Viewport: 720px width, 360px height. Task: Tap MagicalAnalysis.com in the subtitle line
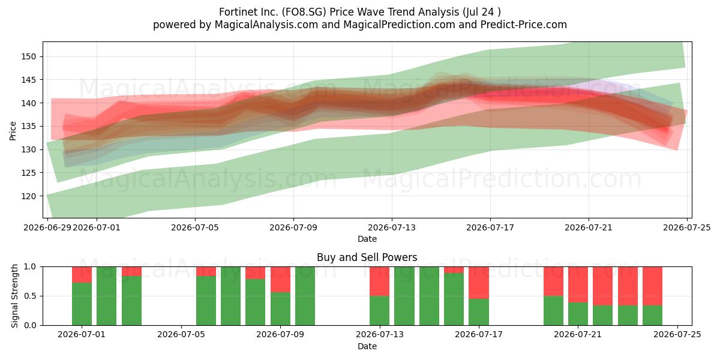(266, 25)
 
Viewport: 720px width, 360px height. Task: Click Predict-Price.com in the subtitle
(524, 25)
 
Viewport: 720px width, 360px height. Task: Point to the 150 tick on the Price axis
(29, 56)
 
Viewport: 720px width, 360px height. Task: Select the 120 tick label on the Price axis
(29, 196)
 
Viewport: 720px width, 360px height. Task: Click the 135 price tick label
(29, 127)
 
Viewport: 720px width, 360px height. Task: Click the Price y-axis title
(13, 131)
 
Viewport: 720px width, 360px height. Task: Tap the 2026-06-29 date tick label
(47, 227)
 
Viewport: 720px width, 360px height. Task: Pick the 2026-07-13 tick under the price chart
(391, 227)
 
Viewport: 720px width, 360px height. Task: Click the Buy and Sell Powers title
(367, 257)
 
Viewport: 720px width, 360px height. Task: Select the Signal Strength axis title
(14, 296)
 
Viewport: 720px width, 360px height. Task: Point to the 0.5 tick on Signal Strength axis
(30, 296)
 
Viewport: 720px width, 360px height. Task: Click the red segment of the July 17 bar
(479, 283)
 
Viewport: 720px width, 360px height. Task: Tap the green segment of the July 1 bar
(82, 304)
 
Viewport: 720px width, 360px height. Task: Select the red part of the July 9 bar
(280, 280)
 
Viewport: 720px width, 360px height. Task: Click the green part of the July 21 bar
(578, 314)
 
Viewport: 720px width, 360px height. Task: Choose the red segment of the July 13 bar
(379, 281)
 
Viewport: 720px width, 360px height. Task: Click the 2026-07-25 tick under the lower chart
(677, 335)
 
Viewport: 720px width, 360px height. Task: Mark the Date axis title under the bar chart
(367, 346)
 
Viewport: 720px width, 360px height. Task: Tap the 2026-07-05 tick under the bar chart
(181, 335)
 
